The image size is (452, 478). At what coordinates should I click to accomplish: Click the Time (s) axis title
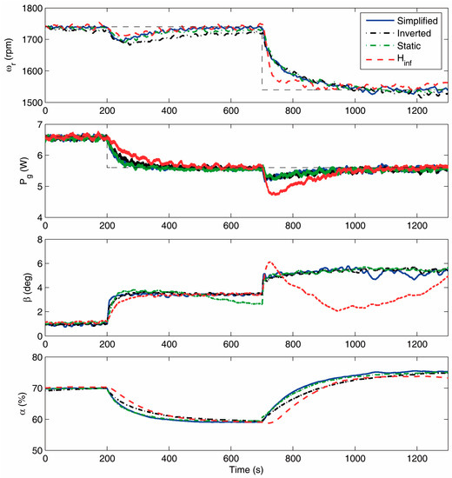pyautogui.click(x=246, y=469)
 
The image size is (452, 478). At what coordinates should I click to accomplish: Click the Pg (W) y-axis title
pyautogui.click(x=24, y=171)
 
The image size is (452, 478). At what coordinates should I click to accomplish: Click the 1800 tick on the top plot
pyautogui.click(x=32, y=8)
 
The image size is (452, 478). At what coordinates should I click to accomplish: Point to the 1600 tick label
pyautogui.click(x=32, y=71)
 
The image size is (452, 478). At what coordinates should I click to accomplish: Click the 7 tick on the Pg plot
pyautogui.click(x=40, y=124)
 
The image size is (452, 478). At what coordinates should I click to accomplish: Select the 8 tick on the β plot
pyautogui.click(x=40, y=240)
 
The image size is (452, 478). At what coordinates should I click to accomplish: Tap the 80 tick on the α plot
pyautogui.click(x=37, y=357)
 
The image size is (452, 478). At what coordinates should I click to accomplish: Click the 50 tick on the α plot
pyautogui.click(x=37, y=450)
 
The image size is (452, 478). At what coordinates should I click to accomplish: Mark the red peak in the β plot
pyautogui.click(x=269, y=262)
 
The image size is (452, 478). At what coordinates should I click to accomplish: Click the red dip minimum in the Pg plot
pyautogui.click(x=273, y=194)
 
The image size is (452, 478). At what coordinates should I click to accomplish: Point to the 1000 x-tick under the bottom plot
pyautogui.click(x=355, y=459)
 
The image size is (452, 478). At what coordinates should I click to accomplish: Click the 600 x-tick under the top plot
pyautogui.click(x=231, y=110)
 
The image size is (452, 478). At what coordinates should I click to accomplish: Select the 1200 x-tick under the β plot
pyautogui.click(x=417, y=344)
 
